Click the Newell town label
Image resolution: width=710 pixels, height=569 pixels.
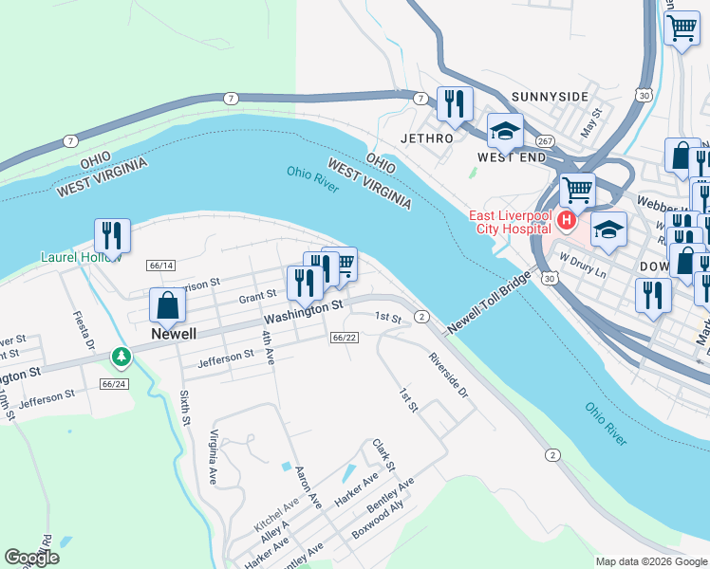174,335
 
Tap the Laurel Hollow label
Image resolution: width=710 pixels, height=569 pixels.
81,257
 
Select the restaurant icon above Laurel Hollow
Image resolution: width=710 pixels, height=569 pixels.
111,236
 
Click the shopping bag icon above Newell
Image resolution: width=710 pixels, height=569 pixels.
167,306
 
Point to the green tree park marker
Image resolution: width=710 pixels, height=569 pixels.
121,358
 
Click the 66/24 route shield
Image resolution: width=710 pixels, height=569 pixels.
113,384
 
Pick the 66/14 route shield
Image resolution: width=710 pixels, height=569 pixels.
160,266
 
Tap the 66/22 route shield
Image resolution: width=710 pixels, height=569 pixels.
344,338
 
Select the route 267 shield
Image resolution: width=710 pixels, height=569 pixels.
544,141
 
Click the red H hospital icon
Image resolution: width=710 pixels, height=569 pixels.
567,221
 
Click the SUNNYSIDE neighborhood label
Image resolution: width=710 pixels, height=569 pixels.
550,97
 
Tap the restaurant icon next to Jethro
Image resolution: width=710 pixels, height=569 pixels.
455,103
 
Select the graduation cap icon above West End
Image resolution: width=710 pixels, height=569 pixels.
505,132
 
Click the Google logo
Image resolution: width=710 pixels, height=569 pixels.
32,558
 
